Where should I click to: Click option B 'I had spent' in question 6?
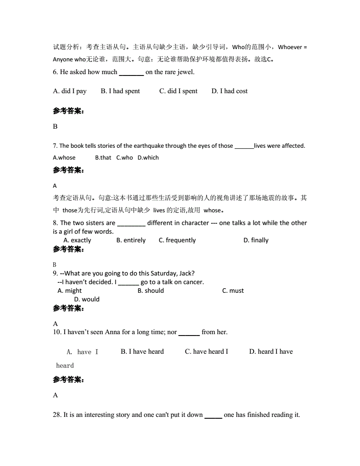120,91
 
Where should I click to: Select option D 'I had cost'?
230,91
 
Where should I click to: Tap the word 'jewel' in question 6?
185,72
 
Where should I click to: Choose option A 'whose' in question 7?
64,158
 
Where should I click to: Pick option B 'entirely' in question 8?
131,240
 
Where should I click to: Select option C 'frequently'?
177,240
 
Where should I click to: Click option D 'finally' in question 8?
256,240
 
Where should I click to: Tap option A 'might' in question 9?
70,291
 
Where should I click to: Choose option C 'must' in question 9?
233,291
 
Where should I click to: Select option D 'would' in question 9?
87,299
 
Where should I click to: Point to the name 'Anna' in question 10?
112,332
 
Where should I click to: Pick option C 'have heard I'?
206,351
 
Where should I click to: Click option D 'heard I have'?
271,351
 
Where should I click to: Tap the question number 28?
57,415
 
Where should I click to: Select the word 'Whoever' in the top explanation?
290,47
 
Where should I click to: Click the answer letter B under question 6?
55,126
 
